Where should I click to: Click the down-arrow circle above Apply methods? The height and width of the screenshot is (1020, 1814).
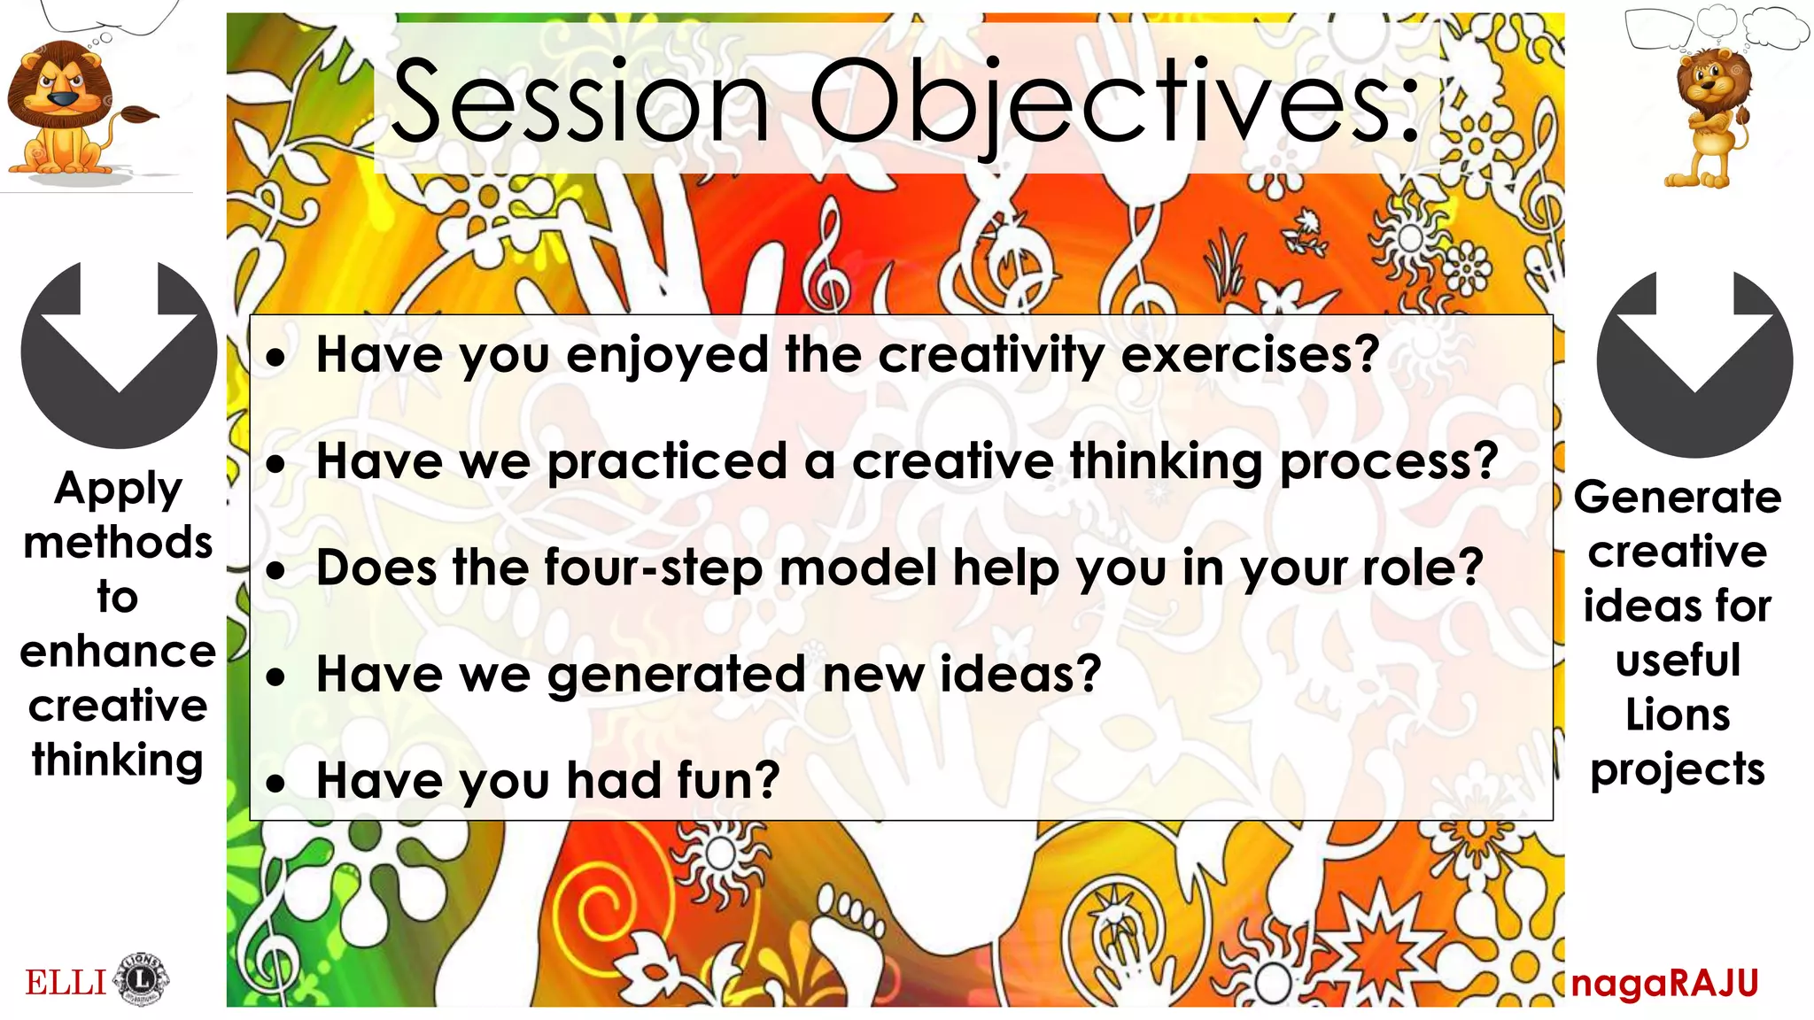(119, 354)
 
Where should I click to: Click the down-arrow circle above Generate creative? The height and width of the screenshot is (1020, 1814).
(1694, 363)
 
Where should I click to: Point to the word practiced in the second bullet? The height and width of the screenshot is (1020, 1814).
(667, 461)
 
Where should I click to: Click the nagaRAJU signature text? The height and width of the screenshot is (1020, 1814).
(1665, 984)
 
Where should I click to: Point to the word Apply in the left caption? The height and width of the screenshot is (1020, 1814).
(118, 490)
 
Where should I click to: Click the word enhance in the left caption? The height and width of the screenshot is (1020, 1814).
(118, 652)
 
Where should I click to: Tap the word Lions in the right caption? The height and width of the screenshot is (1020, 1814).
(1677, 715)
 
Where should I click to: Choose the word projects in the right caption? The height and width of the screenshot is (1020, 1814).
(1677, 769)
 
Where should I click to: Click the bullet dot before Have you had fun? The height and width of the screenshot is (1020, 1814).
(277, 784)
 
